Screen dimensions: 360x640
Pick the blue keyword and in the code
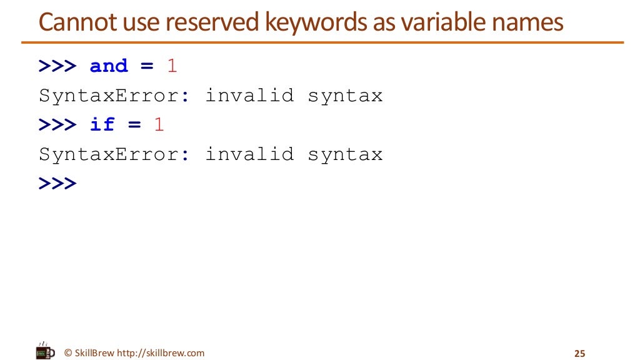109,66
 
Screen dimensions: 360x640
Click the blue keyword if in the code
102,124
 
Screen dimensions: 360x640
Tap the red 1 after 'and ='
172,66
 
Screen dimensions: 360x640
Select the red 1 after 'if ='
159,124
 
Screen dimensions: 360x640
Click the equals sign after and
147,66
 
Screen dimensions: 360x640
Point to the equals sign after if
134,125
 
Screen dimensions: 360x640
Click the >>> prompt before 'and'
57,66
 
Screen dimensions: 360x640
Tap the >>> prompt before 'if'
57,124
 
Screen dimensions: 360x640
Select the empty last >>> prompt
57,183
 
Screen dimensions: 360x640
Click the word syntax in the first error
345,96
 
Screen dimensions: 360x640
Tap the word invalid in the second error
249,154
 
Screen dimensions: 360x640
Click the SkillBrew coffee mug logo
45,352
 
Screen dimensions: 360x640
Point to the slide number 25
579,354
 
